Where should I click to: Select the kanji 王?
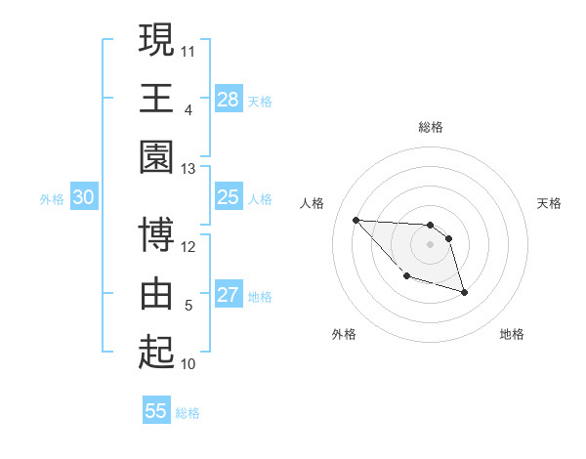(x=156, y=98)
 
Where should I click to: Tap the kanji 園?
(x=156, y=156)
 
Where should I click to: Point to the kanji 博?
(x=156, y=234)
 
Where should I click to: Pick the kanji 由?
(x=156, y=293)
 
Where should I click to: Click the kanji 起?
(x=156, y=352)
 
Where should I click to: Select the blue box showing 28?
(x=228, y=100)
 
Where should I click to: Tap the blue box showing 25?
(x=228, y=198)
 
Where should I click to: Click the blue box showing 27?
(x=228, y=296)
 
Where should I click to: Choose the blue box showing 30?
(x=84, y=198)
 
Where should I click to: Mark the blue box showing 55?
(x=156, y=411)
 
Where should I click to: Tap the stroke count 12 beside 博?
(x=188, y=246)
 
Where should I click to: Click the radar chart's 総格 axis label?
(x=431, y=127)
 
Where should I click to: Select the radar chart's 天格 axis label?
(x=550, y=203)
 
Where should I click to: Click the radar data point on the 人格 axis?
(x=356, y=220)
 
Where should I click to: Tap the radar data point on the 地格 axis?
(x=464, y=292)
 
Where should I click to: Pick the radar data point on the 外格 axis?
(x=406, y=276)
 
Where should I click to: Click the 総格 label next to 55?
(x=188, y=412)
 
